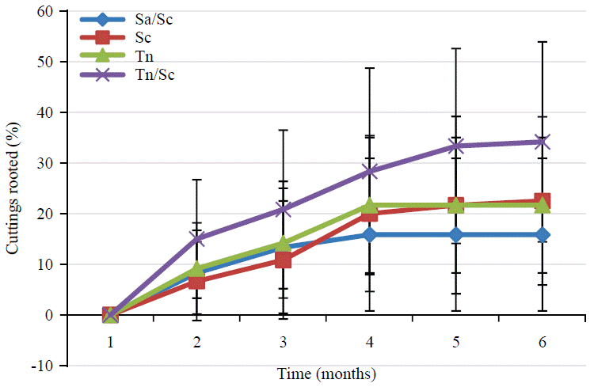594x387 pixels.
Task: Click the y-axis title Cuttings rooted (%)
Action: tap(13, 187)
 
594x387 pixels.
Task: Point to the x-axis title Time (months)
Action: tap(326, 373)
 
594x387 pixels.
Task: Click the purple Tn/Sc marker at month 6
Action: tap(542, 142)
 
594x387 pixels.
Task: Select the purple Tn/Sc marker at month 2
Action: tap(197, 238)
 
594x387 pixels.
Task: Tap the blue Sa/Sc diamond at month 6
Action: tap(542, 235)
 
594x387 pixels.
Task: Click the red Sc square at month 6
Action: tap(542, 201)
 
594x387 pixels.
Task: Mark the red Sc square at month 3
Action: tap(283, 260)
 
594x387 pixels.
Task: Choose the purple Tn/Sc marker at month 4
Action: tap(369, 171)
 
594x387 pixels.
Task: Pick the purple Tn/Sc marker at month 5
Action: tap(455, 146)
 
